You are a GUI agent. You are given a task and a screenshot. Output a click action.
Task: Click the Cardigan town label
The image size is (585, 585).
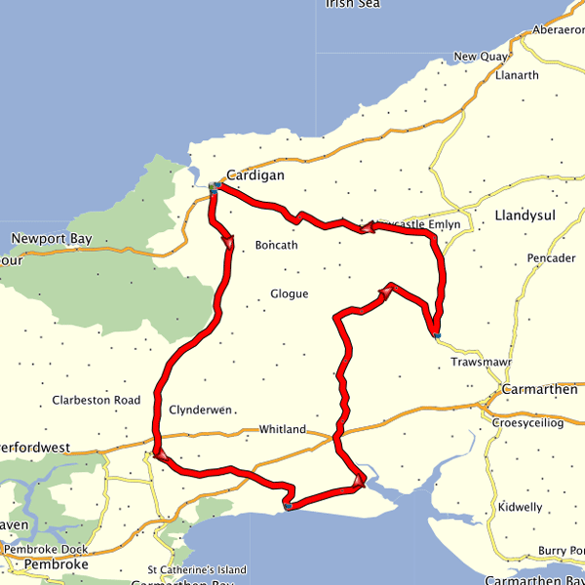(x=254, y=175)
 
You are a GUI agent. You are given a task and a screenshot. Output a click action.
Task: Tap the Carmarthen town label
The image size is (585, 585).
(x=540, y=389)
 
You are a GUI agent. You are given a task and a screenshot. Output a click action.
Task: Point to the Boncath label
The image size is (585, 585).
(x=276, y=245)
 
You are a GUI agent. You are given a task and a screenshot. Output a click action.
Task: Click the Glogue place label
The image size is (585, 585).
(x=289, y=293)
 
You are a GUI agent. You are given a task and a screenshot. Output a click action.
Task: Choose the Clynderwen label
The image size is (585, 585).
(x=200, y=410)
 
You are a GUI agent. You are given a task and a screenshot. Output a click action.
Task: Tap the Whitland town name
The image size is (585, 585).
(x=282, y=429)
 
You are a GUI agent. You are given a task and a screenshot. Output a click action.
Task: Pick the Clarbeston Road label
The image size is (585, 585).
(x=97, y=400)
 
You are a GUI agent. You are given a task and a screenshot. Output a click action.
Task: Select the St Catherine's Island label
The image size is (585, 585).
(x=197, y=569)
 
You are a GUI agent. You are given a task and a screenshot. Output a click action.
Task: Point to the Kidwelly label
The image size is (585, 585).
(x=520, y=508)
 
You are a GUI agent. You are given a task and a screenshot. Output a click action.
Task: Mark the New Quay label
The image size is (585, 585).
(x=480, y=57)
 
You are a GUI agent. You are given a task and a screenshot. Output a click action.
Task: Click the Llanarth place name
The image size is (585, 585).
(x=517, y=75)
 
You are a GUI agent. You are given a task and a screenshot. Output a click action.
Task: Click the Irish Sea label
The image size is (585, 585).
(x=353, y=4)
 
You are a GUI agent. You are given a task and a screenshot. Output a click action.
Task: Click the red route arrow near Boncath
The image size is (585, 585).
(x=229, y=243)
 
